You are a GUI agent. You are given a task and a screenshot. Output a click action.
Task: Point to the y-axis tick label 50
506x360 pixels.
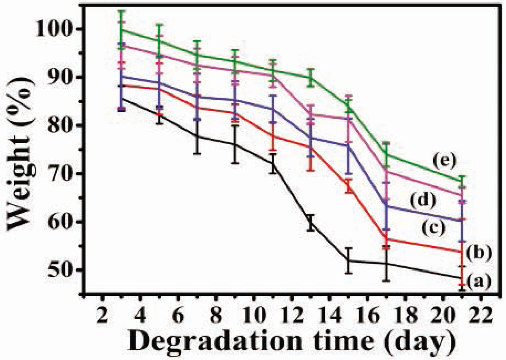click(x=63, y=270)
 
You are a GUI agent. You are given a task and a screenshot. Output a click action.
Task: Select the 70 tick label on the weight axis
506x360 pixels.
click(x=63, y=174)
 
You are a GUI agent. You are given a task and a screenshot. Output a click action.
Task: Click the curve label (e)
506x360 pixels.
click(x=444, y=161)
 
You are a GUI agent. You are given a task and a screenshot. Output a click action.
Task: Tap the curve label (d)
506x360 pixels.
click(x=423, y=200)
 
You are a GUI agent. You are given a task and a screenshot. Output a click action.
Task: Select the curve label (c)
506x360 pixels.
click(x=433, y=227)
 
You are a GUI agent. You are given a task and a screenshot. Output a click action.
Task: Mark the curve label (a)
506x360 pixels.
click(x=478, y=282)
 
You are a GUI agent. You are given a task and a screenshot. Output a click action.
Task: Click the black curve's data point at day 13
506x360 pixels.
click(x=311, y=223)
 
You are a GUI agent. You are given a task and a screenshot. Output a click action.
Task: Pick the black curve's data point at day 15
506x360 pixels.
click(x=348, y=261)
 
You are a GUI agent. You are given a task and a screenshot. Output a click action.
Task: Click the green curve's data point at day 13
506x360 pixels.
click(x=311, y=77)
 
